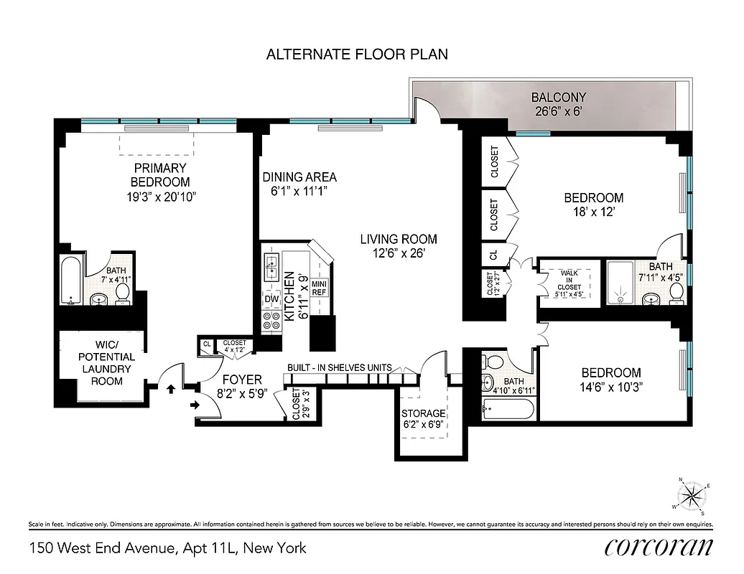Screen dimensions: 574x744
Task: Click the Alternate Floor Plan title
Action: (x=357, y=55)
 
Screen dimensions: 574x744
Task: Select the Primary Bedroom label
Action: (x=160, y=175)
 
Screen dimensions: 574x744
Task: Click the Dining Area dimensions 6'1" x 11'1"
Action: (x=299, y=192)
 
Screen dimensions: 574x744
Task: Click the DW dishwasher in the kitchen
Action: (x=271, y=298)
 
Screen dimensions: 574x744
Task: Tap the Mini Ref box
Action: (x=320, y=287)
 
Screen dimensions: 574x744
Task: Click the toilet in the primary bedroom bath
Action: (x=123, y=292)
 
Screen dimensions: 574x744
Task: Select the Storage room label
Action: (x=424, y=413)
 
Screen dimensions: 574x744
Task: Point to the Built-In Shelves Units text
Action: (x=340, y=367)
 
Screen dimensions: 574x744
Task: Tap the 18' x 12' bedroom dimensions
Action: (x=593, y=212)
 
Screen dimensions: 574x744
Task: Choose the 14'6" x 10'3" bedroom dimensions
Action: (x=611, y=387)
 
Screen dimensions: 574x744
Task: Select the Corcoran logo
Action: (x=659, y=547)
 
